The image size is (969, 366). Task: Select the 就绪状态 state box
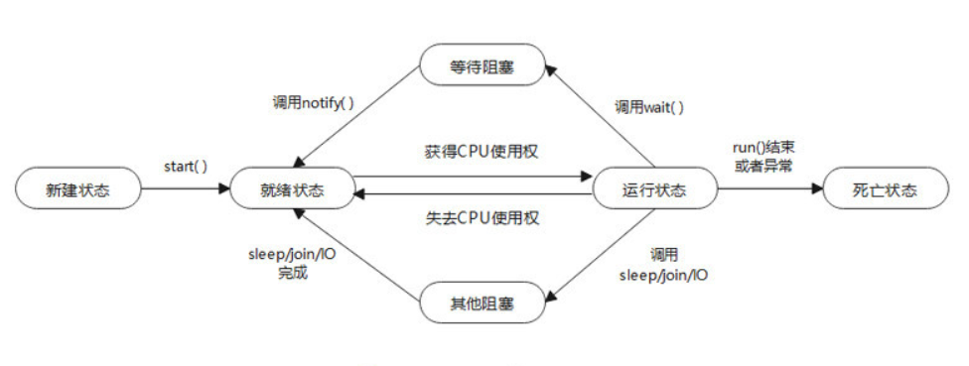[291, 189]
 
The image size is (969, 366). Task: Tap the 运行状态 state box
[652, 189]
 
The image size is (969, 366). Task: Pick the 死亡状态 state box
[885, 189]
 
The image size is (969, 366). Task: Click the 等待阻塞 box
[483, 66]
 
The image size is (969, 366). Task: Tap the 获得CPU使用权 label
[472, 153]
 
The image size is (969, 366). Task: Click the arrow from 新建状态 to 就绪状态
[184, 189]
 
